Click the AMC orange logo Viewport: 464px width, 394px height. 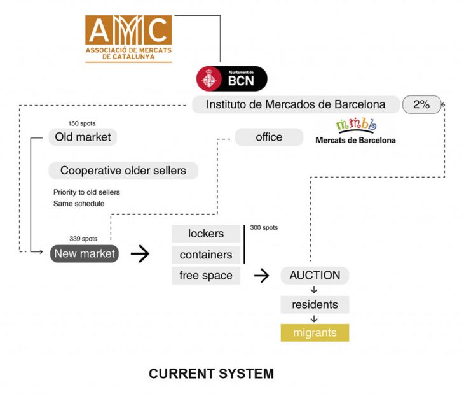[x=128, y=38]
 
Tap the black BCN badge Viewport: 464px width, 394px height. [x=231, y=79]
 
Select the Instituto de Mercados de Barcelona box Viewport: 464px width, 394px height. [x=296, y=104]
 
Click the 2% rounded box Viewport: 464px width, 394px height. [x=421, y=104]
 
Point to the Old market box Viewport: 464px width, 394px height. [x=83, y=137]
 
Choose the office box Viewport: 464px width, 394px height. [x=269, y=137]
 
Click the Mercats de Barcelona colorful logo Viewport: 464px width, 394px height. [x=355, y=130]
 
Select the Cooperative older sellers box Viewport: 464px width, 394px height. [x=123, y=171]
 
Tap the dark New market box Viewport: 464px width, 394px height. [x=85, y=254]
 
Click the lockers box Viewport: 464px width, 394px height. [x=206, y=234]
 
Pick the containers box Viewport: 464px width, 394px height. [x=206, y=255]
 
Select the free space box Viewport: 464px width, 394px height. [x=206, y=276]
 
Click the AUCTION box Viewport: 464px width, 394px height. [x=315, y=276]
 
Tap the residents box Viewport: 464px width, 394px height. [x=315, y=305]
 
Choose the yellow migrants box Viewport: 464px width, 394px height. [x=315, y=333]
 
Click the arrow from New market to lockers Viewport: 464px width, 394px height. [x=140, y=254]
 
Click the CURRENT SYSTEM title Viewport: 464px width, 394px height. [x=211, y=374]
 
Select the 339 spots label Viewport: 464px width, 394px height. [x=83, y=239]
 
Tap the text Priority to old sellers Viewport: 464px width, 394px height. [x=86, y=192]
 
